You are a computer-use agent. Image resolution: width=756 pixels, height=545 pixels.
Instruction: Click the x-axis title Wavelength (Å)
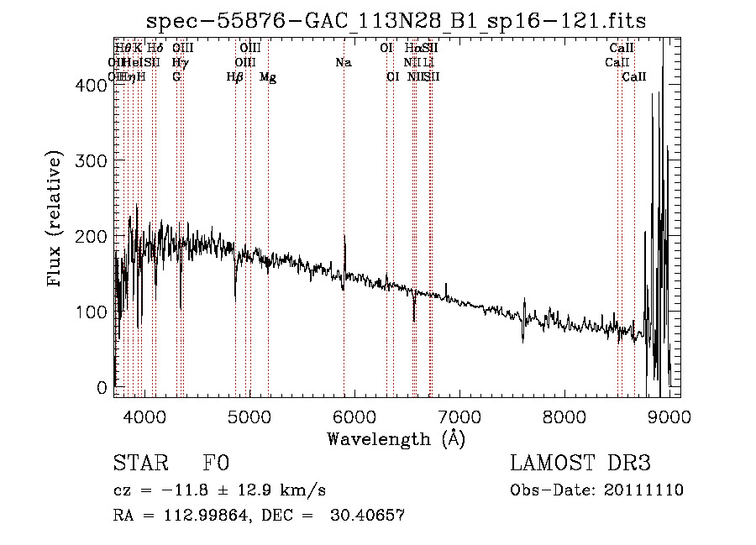pyautogui.click(x=396, y=438)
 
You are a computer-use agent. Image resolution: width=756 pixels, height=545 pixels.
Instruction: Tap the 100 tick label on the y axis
pyautogui.click(x=95, y=312)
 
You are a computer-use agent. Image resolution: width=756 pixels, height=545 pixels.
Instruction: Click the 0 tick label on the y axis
pyautogui.click(x=102, y=388)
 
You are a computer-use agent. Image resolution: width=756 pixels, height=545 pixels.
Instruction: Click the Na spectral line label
pyautogui.click(x=343, y=63)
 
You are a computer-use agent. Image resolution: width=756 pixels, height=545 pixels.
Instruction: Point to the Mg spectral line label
pyautogui.click(x=268, y=77)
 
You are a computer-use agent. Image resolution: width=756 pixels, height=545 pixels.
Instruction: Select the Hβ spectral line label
pyautogui.click(x=235, y=77)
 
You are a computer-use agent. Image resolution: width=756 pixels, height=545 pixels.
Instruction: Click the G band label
pyautogui.click(x=176, y=77)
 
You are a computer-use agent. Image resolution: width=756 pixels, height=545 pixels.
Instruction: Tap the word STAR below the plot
pyautogui.click(x=139, y=464)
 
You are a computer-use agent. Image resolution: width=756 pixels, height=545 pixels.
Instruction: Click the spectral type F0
pyautogui.click(x=216, y=464)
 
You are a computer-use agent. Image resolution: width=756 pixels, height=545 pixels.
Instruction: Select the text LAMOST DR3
pyautogui.click(x=580, y=464)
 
